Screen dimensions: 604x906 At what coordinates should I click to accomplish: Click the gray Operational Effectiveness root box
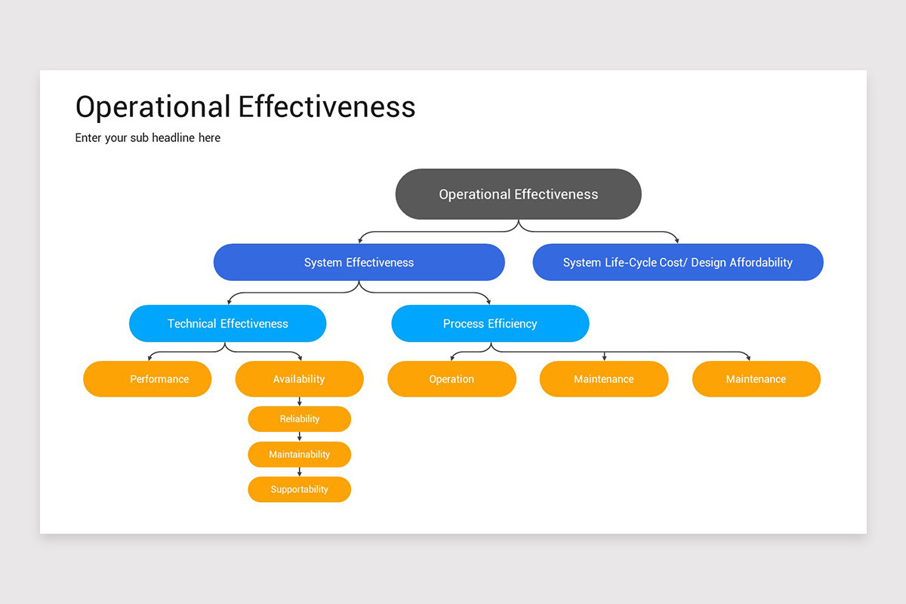coord(518,194)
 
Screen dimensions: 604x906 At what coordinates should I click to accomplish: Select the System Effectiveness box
coord(359,263)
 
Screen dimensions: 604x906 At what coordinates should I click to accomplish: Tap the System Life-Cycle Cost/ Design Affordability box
coord(677,263)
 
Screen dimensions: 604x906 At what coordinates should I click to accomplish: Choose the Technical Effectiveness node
coord(227,324)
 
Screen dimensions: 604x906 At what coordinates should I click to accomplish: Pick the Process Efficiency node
coord(490,324)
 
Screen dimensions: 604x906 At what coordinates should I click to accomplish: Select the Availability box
coord(299,379)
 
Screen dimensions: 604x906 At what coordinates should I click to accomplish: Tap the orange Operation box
coord(451,379)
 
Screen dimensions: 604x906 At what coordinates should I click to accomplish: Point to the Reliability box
coord(300,419)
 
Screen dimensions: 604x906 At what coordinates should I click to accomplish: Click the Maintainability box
coord(300,455)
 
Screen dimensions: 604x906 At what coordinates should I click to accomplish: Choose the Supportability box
coord(300,489)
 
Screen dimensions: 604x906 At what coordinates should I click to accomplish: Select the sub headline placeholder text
coord(148,138)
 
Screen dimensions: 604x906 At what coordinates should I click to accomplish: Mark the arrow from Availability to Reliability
coord(300,402)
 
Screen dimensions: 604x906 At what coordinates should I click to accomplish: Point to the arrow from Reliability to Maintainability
coord(300,436)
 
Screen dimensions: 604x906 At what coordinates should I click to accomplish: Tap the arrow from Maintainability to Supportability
coord(300,472)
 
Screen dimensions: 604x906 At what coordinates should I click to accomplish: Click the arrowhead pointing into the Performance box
coord(149,358)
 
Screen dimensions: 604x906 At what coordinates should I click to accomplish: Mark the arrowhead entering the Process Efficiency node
coord(489,301)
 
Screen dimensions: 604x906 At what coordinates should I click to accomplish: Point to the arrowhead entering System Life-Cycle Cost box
coord(677,240)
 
